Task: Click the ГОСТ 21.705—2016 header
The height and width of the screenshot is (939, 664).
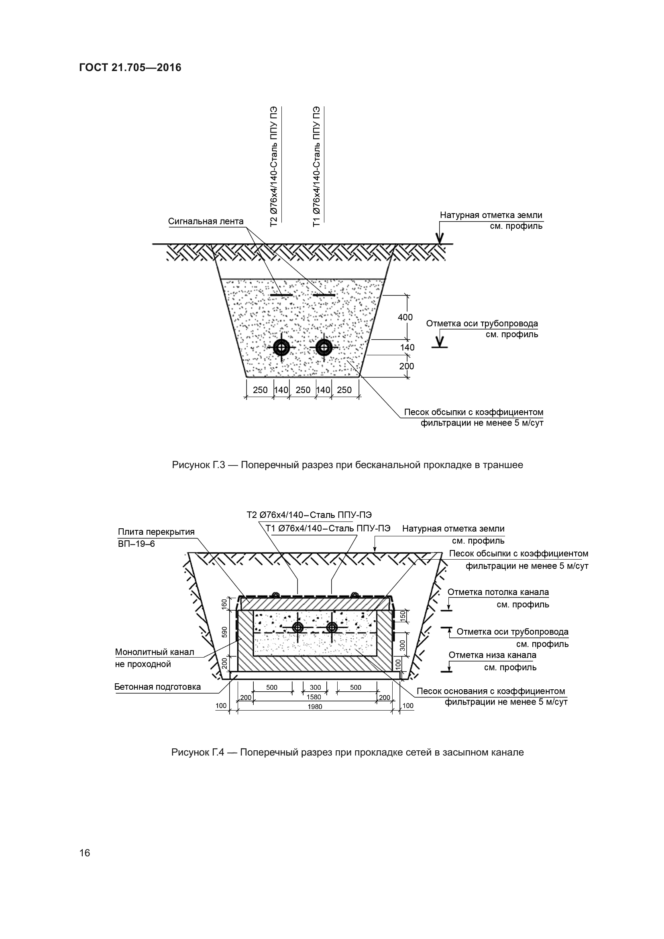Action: coord(130,67)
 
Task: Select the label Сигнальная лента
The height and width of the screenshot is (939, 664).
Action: coord(206,221)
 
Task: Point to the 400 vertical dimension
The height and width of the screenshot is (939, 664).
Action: coord(405,317)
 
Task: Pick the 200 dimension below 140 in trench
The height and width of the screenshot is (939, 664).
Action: coord(406,366)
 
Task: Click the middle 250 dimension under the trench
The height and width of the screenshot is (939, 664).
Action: coord(303,390)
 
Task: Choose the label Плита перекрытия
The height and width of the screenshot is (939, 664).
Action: coord(156,532)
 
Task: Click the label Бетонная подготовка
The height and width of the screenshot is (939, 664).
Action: coord(157,686)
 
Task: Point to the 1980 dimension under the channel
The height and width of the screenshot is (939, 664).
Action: coord(315,706)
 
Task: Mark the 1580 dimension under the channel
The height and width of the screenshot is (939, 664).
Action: coord(314,697)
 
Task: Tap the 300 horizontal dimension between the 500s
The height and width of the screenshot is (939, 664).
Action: coord(315,687)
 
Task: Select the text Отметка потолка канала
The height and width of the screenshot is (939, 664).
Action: coord(498,592)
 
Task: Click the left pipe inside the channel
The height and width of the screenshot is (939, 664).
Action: coord(298,627)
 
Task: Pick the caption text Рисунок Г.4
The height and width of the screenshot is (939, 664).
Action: coord(198,752)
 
